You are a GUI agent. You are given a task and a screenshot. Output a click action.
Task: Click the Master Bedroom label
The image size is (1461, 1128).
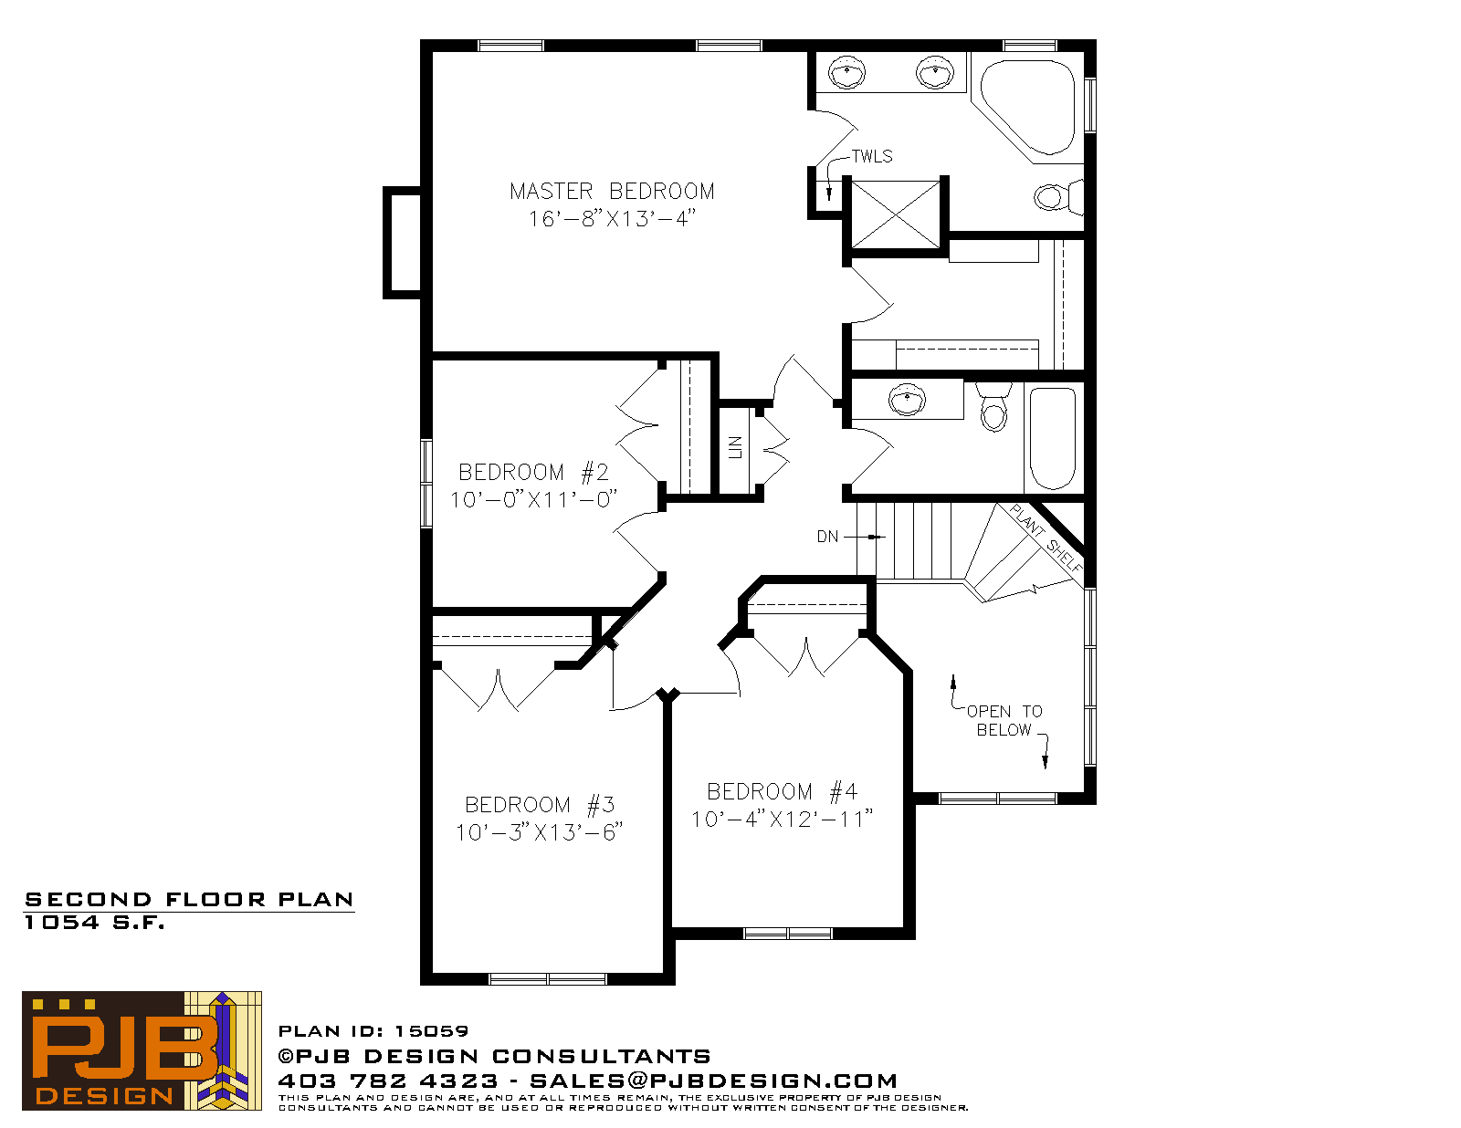(x=612, y=192)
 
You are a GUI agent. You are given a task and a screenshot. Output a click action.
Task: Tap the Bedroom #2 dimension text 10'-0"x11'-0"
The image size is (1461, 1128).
(x=533, y=500)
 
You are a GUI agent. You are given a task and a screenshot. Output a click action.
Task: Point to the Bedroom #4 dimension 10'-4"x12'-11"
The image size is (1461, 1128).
(x=782, y=819)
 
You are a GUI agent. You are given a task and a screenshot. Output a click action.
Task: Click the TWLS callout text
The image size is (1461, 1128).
(x=872, y=157)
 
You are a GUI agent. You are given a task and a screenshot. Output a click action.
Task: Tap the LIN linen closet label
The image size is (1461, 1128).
(x=735, y=447)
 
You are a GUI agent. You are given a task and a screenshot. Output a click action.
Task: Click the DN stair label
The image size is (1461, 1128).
(x=827, y=537)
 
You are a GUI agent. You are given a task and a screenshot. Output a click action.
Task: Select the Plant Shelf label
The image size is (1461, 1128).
(x=1046, y=538)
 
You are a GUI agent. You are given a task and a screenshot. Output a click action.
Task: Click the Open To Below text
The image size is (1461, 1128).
(x=1004, y=720)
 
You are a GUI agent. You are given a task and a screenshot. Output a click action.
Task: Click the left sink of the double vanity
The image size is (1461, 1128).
(x=846, y=72)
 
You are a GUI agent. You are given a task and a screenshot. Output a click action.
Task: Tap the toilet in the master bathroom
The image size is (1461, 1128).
(x=1058, y=197)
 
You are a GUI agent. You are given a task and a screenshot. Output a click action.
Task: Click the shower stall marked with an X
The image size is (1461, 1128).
(x=896, y=214)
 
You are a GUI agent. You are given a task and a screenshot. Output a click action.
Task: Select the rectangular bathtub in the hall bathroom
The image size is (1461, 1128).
(x=1052, y=438)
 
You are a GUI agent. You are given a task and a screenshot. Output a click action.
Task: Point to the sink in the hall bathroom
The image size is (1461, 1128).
(x=907, y=401)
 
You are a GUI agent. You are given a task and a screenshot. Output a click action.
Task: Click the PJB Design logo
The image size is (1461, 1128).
(x=142, y=1050)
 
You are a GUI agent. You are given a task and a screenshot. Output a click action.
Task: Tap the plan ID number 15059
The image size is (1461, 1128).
(x=431, y=1031)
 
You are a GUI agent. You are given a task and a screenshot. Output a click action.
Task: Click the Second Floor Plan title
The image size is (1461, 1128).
(x=189, y=900)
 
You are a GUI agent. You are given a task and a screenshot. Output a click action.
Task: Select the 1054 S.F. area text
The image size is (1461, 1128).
(x=94, y=923)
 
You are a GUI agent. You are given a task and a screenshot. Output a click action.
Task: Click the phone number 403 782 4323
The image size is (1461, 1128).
(x=388, y=1081)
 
